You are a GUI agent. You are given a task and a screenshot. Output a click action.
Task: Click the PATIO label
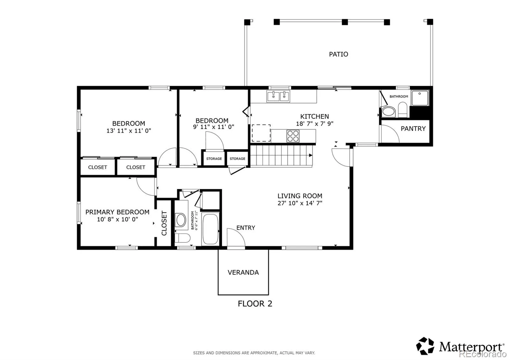point(338,54)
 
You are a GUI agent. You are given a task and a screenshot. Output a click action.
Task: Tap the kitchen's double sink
point(278,96)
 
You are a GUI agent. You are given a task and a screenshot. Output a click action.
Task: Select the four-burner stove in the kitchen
point(293,136)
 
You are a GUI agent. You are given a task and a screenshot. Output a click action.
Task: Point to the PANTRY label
point(413,129)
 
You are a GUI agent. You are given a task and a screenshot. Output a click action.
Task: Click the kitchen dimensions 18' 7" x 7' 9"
point(315,124)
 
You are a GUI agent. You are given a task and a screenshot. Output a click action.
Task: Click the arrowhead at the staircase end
point(310,155)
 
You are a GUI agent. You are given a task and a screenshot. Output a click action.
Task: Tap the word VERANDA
point(243,272)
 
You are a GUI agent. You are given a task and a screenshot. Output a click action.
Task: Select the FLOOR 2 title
point(255,304)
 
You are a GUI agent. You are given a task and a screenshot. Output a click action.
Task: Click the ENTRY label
point(246,227)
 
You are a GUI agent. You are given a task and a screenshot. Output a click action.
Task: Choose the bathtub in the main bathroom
point(210,229)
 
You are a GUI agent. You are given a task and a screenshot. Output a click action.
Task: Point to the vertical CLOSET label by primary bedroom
point(164,223)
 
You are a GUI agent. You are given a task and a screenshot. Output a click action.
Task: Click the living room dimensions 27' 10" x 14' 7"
point(300,203)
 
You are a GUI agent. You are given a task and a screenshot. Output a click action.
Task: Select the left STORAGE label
point(214,159)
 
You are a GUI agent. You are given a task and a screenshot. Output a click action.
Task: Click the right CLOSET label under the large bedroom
point(136,167)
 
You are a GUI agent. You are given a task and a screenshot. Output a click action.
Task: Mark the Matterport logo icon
point(425,346)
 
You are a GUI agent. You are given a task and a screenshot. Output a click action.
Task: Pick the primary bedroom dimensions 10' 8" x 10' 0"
point(118,220)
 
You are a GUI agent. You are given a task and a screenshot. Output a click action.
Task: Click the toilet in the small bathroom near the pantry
point(403,110)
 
